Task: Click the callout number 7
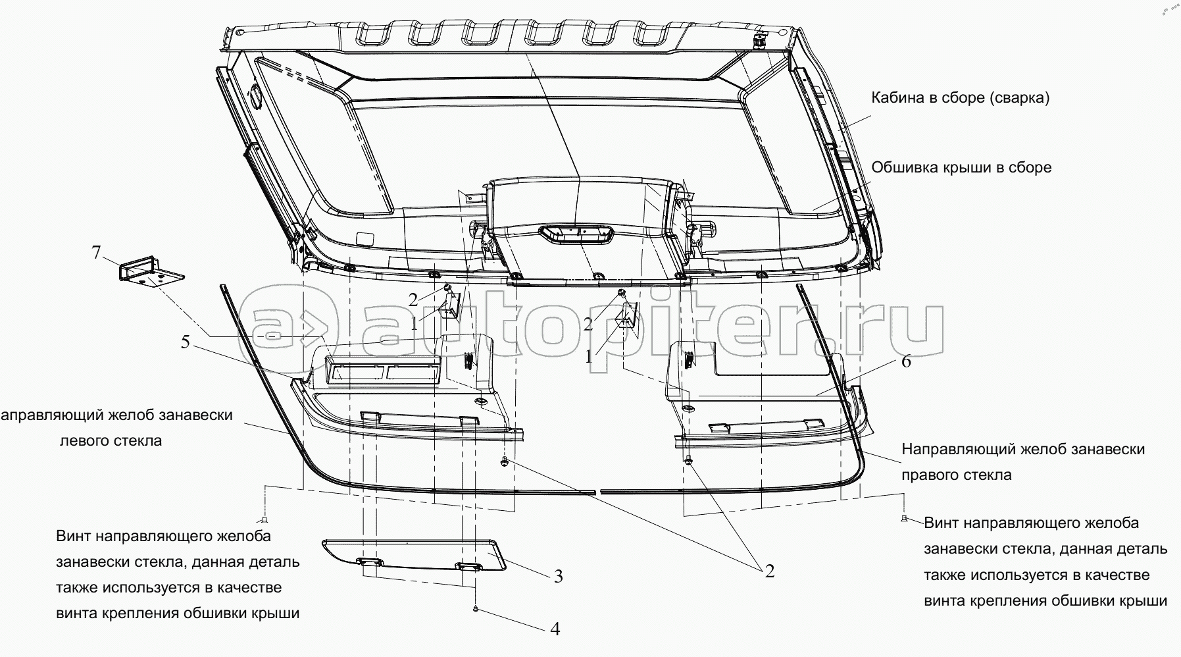tap(97, 253)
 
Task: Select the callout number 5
tap(186, 342)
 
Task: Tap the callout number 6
tap(906, 361)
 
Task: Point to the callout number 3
tap(558, 577)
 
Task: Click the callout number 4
tap(555, 629)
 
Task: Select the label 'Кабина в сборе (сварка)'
tap(960, 98)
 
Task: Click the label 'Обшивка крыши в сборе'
tap(961, 167)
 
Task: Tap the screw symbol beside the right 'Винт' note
tap(905, 519)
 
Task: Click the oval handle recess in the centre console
tap(576, 234)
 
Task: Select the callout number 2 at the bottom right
tap(769, 571)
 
